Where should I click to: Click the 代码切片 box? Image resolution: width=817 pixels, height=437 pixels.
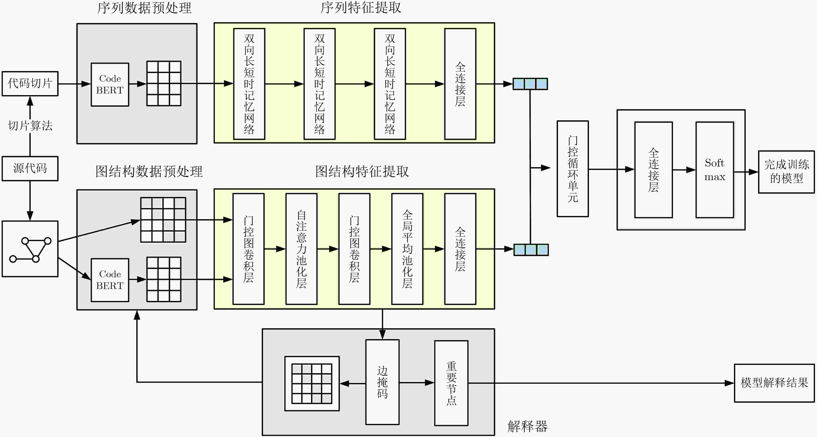[x=30, y=84]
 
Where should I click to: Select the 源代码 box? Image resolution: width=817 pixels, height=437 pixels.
[x=30, y=168]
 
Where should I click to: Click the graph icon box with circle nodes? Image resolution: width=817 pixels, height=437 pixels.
[x=30, y=249]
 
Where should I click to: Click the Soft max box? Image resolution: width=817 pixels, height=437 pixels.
[x=714, y=170]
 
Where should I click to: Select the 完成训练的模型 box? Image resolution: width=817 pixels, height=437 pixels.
[x=786, y=172]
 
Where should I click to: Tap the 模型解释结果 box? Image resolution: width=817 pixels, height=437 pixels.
[x=774, y=383]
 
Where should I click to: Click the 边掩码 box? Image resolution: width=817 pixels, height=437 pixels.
[x=382, y=382]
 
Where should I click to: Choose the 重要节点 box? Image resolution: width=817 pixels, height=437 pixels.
[x=451, y=383]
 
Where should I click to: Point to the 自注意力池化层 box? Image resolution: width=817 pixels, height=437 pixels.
[x=301, y=249]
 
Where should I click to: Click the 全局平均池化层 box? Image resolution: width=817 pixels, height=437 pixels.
[x=407, y=249]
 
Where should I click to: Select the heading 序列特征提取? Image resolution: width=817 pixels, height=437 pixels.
[x=361, y=8]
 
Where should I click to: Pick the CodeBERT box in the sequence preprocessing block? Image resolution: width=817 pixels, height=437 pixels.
[x=110, y=84]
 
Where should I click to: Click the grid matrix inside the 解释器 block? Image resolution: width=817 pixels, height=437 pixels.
[x=312, y=384]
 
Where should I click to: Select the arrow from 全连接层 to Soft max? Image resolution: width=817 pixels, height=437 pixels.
[x=684, y=170]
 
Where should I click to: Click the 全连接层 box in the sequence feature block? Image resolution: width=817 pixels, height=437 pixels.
[x=460, y=84]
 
